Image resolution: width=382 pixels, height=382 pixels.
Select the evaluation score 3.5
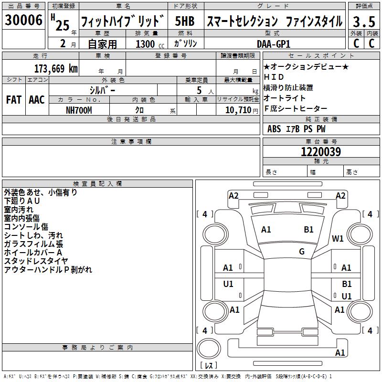coord(363,21)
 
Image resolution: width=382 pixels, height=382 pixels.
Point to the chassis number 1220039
coord(321,152)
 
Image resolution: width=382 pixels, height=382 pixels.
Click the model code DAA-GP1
coord(274,43)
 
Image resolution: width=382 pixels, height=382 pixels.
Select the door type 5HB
coord(185,21)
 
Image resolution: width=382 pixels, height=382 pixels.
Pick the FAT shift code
coord(13,100)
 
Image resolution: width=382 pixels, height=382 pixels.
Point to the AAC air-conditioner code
coord(36,100)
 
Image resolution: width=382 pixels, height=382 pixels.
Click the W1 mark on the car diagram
coord(338,239)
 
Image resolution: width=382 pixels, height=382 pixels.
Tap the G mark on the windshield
coord(302,252)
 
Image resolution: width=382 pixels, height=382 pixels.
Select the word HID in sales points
coord(274,77)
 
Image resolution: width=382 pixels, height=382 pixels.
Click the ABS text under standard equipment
coord(274,128)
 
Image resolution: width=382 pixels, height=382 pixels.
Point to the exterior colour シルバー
coord(102,90)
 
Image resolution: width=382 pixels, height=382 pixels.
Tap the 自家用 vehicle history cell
coord(102,44)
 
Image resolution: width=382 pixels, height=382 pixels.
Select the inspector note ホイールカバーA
coord(33,253)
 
